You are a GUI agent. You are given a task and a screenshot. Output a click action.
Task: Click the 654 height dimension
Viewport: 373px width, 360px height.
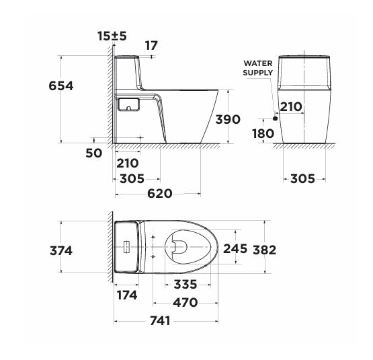[x=61, y=85]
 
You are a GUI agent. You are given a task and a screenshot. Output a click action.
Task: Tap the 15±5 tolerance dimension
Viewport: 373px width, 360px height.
[x=112, y=36]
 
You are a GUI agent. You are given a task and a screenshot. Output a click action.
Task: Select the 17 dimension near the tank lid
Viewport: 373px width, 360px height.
[x=151, y=46]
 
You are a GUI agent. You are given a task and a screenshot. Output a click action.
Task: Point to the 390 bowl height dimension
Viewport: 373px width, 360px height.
[x=228, y=119]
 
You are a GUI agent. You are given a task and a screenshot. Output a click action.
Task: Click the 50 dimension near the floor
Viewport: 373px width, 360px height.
[x=94, y=153]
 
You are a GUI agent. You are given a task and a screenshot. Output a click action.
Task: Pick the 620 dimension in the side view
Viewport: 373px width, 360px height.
[x=160, y=194]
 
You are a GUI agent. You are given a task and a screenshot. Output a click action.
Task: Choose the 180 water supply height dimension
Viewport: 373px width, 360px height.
[x=263, y=134]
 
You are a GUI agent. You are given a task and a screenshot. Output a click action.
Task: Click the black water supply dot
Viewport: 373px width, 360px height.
[x=276, y=118]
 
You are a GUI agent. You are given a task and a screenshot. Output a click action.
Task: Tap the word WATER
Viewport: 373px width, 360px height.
[x=258, y=63]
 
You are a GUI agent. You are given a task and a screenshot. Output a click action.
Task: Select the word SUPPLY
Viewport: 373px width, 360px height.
[x=258, y=73]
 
